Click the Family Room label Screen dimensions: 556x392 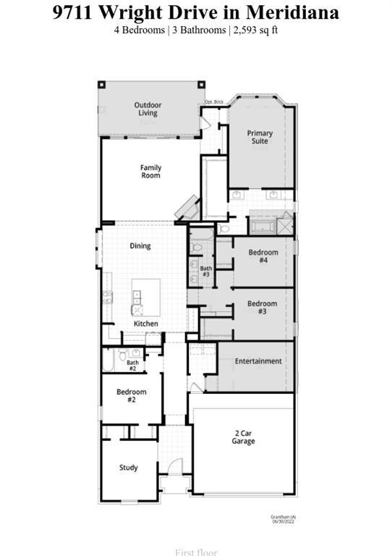click(x=150, y=172)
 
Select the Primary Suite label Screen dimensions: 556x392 click(x=260, y=137)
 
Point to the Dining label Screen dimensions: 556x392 click(x=140, y=246)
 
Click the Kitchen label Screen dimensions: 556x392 click(x=145, y=324)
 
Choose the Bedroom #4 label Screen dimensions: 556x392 click(x=263, y=256)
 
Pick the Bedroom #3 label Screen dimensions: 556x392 click(x=262, y=307)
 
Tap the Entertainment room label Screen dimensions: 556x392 click(x=258, y=361)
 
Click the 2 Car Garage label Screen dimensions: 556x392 click(x=243, y=437)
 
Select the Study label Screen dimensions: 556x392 click(x=129, y=468)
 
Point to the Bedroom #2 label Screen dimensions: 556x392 click(x=132, y=396)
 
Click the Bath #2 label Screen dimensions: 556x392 click(x=132, y=366)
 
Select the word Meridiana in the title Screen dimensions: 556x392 click(x=292, y=12)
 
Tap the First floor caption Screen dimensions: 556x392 click(x=196, y=552)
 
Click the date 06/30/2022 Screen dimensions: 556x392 click(x=281, y=521)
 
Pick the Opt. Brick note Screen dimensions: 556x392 click(x=213, y=102)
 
